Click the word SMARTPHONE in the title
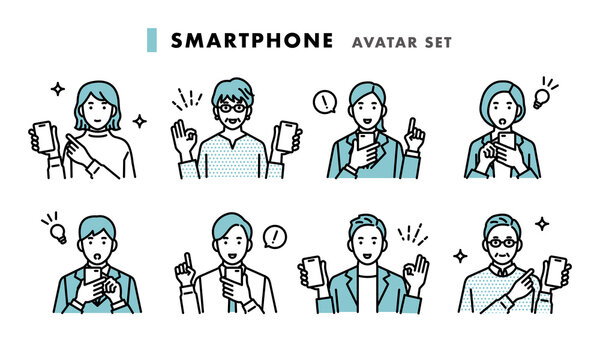pos(252,41)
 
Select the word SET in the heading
pos(439,42)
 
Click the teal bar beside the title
pos(152,40)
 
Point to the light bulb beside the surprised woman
pos(541,99)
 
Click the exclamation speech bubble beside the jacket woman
pos(325,102)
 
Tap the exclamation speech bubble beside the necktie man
pos(275,237)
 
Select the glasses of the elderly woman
pos(232,108)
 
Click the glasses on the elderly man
pos(502,243)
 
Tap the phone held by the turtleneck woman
pos(44,136)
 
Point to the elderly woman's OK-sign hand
pos(183,139)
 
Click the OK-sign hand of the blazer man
pos(416,273)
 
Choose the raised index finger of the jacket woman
pos(411,125)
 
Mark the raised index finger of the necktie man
pos(188,261)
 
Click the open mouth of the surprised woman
pos(502,123)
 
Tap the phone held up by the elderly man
pos(555,271)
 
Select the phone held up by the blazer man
pos(313,271)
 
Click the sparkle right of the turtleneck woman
pos(140,121)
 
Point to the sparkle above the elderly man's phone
pos(542,224)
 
